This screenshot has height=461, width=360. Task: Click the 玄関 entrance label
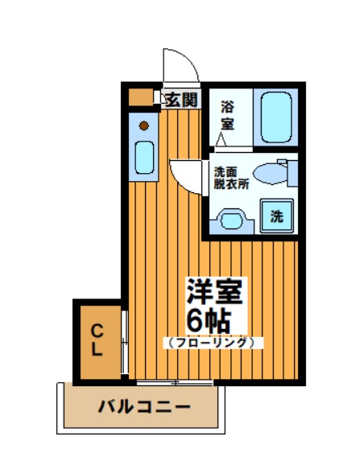pos(180,100)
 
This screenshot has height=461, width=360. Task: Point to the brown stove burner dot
pos(144,125)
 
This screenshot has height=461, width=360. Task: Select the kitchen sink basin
pos(144,156)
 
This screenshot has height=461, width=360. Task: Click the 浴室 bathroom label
pos(228,114)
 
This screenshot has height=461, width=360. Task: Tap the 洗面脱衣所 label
pos(230,177)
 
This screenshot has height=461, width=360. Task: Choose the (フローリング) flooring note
pos(213,342)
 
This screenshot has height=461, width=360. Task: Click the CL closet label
pos(96,340)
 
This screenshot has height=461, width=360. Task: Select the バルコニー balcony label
pos(144,406)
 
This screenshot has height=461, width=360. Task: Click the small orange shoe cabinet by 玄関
pos(141,98)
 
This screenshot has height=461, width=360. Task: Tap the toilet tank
pos(291,172)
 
